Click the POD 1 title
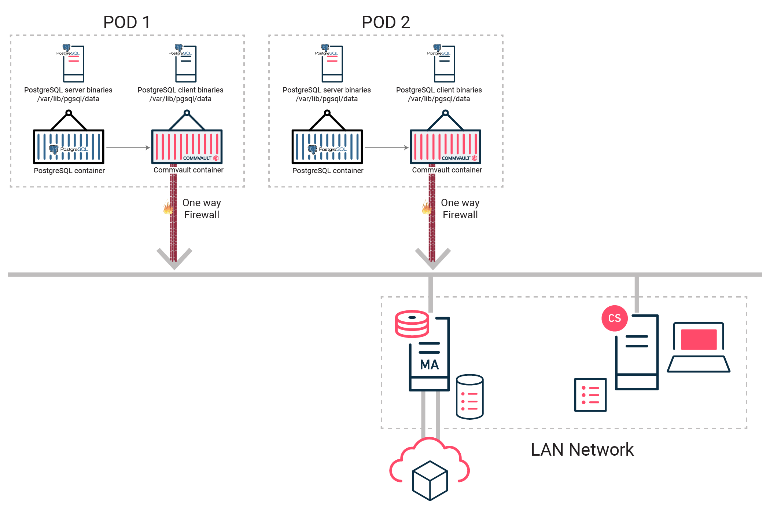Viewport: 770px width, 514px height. [x=127, y=22]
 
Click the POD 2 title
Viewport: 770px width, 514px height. [x=386, y=22]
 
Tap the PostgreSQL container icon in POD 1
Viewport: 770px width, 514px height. [x=69, y=146]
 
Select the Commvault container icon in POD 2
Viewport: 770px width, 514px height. [x=445, y=146]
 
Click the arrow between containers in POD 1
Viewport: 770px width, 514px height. [x=128, y=148]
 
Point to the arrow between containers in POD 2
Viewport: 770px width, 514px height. [x=386, y=148]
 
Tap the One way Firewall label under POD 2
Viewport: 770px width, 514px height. [x=460, y=209]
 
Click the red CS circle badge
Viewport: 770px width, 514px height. [x=614, y=318]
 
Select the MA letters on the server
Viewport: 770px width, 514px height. [x=429, y=365]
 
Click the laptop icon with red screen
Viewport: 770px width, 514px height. [x=699, y=347]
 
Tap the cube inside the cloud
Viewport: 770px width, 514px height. [x=430, y=481]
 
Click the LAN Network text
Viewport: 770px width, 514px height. [x=582, y=450]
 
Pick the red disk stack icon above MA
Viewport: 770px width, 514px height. [x=412, y=324]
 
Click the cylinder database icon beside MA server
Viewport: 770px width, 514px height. [x=469, y=397]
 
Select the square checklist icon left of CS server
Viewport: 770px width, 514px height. [x=590, y=395]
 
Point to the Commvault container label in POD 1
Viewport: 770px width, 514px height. [x=188, y=170]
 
